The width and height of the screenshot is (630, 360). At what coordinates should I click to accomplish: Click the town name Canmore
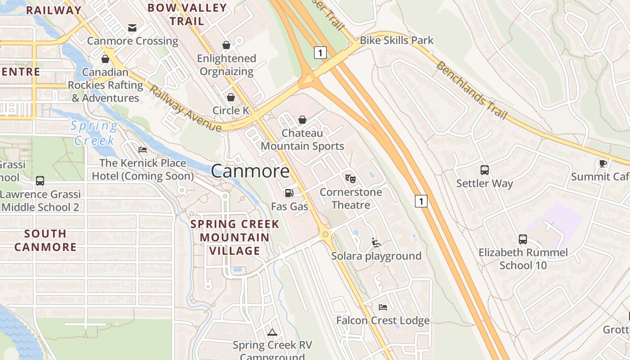250,171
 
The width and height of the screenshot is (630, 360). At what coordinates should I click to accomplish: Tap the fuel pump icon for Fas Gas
289,193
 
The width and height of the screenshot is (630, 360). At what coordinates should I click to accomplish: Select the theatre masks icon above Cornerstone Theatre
351,179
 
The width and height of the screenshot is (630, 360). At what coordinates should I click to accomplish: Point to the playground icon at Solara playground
376,243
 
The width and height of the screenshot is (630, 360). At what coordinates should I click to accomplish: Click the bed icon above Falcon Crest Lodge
383,307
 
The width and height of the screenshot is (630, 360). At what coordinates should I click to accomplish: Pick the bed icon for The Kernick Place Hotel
143,150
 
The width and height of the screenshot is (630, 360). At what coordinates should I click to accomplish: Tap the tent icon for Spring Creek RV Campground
272,333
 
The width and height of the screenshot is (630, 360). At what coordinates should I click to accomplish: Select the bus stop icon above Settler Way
485,170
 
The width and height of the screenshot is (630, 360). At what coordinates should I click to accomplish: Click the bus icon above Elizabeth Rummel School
523,239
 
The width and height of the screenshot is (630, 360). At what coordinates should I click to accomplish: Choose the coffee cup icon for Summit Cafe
603,163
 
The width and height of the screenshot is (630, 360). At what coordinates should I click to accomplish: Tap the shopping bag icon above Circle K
231,97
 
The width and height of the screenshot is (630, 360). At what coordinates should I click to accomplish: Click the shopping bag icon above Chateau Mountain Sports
302,120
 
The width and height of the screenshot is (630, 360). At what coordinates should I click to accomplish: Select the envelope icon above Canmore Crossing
132,28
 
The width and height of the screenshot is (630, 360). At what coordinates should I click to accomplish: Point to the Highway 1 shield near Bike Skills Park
320,53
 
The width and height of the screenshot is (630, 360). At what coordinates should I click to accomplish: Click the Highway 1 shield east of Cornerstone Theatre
421,201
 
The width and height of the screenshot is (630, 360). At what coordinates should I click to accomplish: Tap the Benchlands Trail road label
472,90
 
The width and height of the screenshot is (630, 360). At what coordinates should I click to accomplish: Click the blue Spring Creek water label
94,133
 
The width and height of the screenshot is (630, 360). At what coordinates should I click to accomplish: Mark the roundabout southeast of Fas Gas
325,234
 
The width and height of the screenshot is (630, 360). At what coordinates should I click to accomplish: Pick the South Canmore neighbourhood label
45,240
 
